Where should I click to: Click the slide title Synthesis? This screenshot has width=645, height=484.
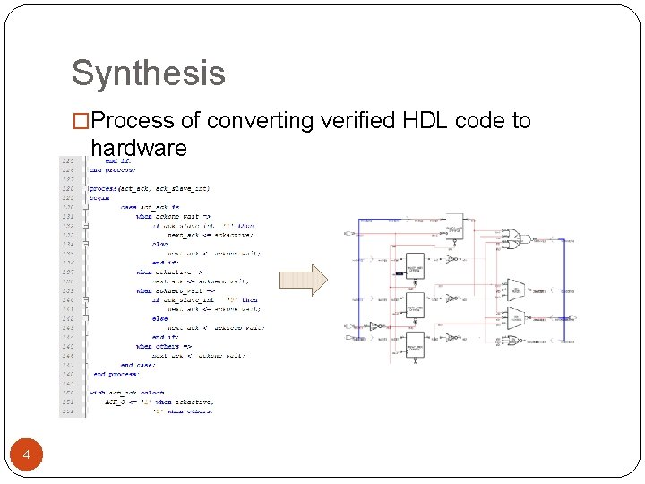click(x=148, y=73)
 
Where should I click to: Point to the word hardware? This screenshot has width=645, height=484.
click(x=138, y=148)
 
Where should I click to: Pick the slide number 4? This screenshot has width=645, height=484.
click(x=26, y=456)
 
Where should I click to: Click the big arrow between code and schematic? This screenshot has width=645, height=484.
click(x=304, y=280)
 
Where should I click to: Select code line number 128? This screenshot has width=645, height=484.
click(x=68, y=188)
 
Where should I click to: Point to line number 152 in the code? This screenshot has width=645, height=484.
click(x=68, y=411)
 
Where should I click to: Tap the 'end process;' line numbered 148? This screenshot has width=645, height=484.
click(x=116, y=374)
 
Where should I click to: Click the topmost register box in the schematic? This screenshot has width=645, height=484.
click(x=453, y=228)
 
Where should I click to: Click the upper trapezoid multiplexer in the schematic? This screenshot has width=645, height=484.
click(x=515, y=288)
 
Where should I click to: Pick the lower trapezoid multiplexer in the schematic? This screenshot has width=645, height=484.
click(x=515, y=316)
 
